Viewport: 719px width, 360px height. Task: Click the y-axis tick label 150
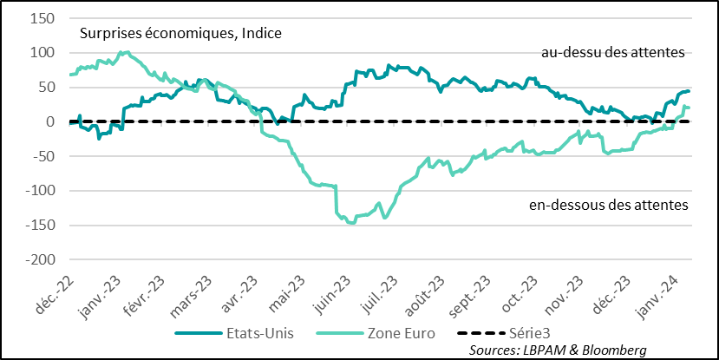point(43,18)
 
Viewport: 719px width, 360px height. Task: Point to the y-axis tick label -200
point(40,259)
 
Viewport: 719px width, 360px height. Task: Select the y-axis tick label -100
point(40,191)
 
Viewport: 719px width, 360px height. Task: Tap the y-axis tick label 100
point(43,53)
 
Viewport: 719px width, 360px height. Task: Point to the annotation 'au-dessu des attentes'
point(613,53)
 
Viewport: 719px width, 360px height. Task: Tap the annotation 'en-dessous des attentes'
point(607,206)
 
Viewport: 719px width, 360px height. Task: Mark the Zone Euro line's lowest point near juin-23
point(351,223)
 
